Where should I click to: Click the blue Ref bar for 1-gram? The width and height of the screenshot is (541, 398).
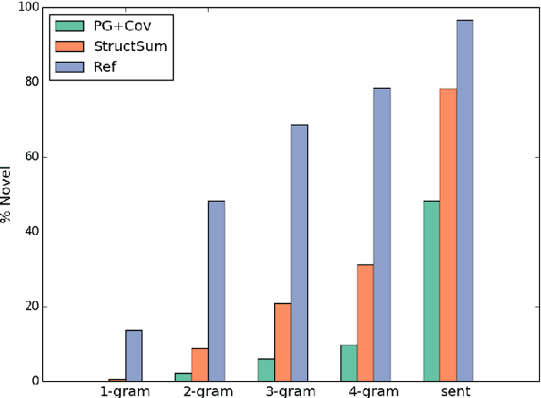point(133,355)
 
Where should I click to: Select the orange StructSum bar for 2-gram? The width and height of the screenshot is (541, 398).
point(200,364)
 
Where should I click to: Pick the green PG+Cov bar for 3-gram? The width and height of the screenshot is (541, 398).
point(266,369)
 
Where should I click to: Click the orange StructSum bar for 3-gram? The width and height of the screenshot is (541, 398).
point(282,342)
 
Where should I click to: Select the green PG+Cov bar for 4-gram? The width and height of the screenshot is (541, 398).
point(348,363)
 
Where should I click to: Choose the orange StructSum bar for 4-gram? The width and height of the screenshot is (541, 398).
point(365,323)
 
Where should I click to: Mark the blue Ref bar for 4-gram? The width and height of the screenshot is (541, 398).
point(382,234)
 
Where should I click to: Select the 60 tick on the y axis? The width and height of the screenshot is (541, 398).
point(33,157)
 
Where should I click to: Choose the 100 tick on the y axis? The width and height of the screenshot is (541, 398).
point(30,7)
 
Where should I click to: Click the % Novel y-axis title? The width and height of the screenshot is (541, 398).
point(7,195)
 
